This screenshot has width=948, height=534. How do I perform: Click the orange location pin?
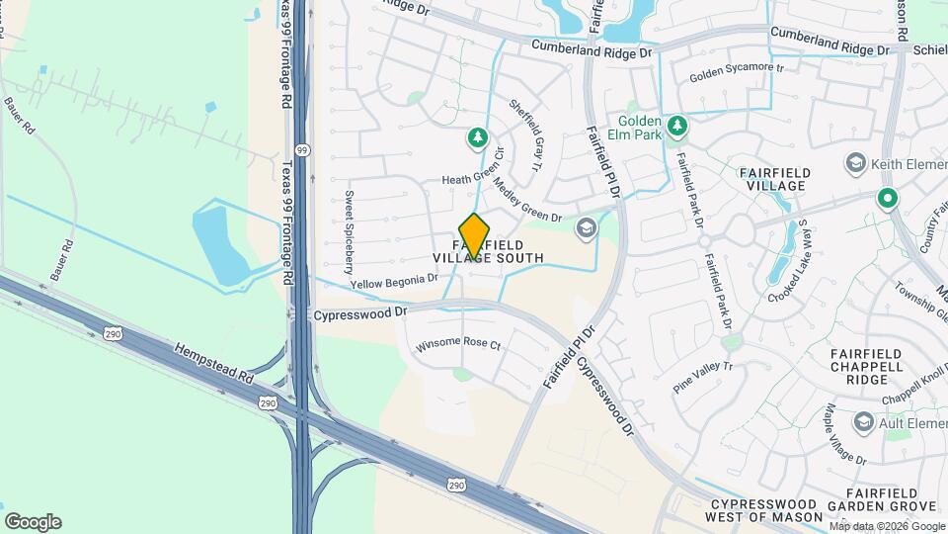pos(475,236)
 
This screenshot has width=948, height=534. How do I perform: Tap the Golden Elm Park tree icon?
pos(676,126)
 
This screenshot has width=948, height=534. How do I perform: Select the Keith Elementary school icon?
pos(855,162)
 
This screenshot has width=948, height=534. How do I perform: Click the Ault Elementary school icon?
pos(864,423)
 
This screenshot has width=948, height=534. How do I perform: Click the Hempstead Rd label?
pos(214,364)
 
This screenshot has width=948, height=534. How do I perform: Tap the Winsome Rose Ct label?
pos(458,346)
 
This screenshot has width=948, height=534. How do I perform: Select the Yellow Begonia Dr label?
pos(394,282)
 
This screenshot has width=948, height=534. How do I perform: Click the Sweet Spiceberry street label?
pos(349,232)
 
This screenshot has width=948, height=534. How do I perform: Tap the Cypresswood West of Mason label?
pos(766,510)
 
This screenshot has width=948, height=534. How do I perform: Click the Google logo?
pos(33,522)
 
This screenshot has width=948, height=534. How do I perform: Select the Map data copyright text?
pos(887,526)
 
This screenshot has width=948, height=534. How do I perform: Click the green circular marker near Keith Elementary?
pos(888,199)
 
